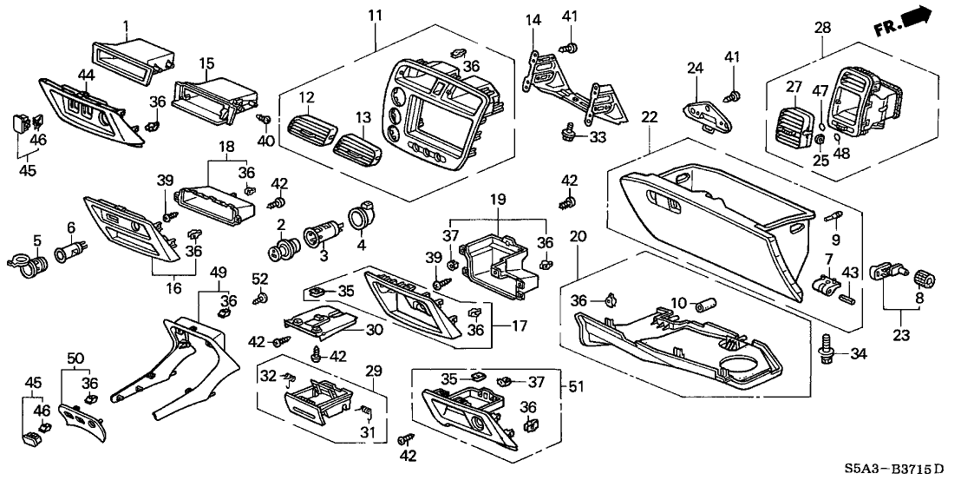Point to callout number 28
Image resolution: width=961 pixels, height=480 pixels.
point(820,28)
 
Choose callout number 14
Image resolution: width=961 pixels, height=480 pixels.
point(533,19)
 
